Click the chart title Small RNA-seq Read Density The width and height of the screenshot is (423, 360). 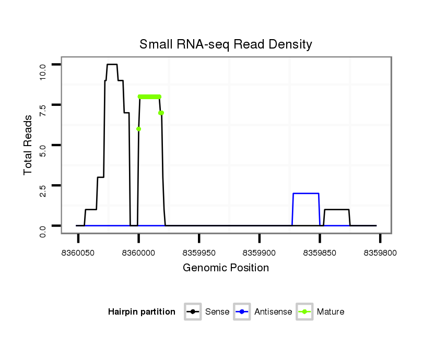226,44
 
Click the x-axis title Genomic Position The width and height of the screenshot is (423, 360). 226,268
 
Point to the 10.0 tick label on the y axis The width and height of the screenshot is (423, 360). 43,65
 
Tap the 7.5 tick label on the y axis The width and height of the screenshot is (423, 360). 43,105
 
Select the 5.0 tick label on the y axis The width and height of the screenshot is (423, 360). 43,145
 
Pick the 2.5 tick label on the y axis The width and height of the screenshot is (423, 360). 43,186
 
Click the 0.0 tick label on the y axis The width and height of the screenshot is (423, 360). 43,226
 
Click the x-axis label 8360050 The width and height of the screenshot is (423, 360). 78,253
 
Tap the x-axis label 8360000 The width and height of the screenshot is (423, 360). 138,253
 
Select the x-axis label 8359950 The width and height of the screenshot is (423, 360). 199,253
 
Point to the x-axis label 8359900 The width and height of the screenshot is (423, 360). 260,253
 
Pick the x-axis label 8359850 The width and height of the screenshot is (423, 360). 320,253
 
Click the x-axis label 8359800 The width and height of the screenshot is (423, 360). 380,253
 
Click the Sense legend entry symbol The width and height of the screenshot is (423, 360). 193,312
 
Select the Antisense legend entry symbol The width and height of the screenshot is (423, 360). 242,312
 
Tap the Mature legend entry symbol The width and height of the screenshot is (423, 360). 304,312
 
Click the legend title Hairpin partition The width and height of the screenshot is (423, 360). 142,312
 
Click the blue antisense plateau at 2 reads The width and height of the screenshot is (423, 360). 306,194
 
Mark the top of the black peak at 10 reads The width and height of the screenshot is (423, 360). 112,65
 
